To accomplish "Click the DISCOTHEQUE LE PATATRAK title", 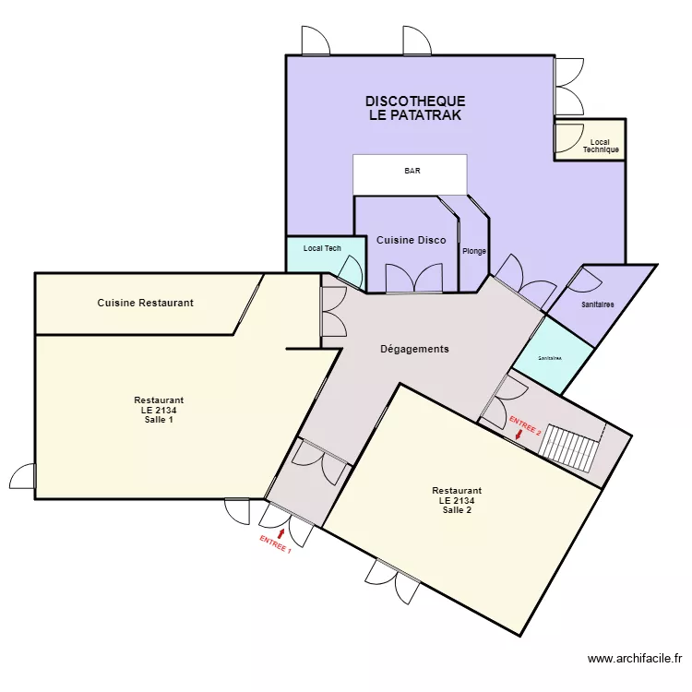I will click(x=414, y=109).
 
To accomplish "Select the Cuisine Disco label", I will click(x=411, y=241).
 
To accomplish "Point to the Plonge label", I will click(x=474, y=251).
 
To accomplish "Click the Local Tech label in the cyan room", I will click(x=322, y=248).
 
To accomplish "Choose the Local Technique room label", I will click(x=601, y=146).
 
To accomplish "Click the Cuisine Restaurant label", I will click(x=145, y=303).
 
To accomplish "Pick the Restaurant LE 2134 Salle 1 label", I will click(x=159, y=410).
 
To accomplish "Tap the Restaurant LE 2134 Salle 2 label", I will click(x=457, y=500).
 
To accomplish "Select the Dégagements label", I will click(x=414, y=349).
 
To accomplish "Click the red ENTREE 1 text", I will click(x=275, y=544).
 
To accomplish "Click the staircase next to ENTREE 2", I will click(x=570, y=447).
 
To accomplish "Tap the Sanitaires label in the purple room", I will click(x=599, y=304).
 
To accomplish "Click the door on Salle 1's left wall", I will click(x=23, y=476).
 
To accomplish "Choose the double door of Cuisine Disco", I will click(x=413, y=280).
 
